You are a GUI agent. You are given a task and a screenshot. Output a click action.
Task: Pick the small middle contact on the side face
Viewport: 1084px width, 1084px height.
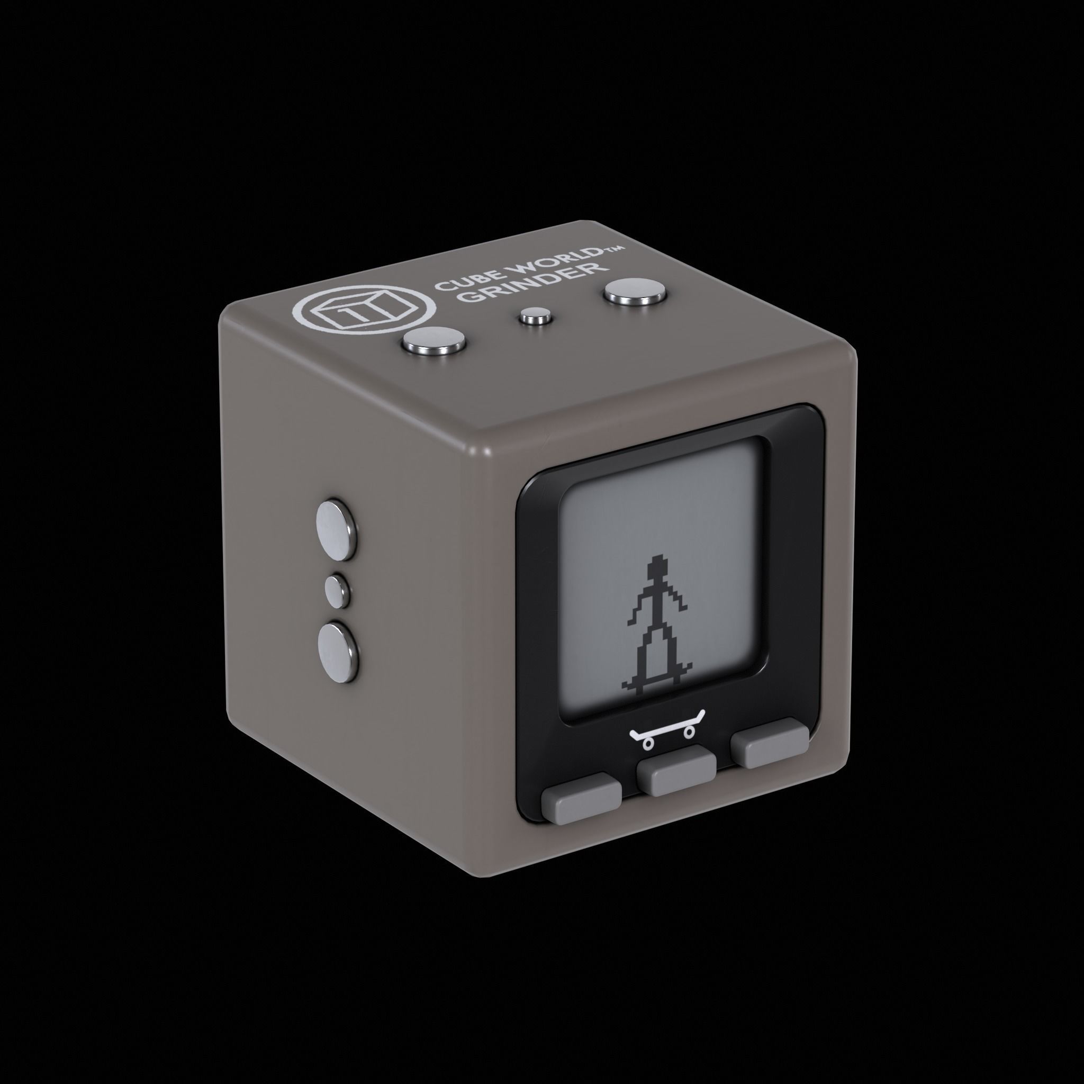coord(337,590)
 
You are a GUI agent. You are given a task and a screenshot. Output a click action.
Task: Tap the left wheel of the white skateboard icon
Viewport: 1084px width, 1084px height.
coord(648,744)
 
